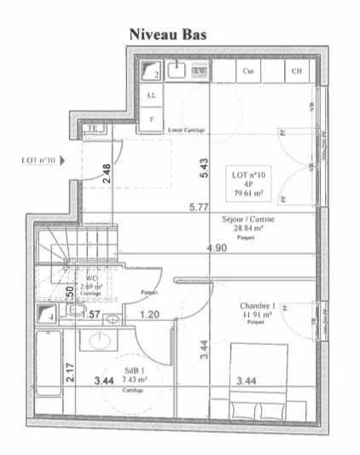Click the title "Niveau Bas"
166,34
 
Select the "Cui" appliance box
247,72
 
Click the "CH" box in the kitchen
296,72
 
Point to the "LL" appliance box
152,95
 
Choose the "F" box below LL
152,120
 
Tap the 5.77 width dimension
198,207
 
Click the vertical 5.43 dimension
204,168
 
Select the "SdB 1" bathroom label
130,370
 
